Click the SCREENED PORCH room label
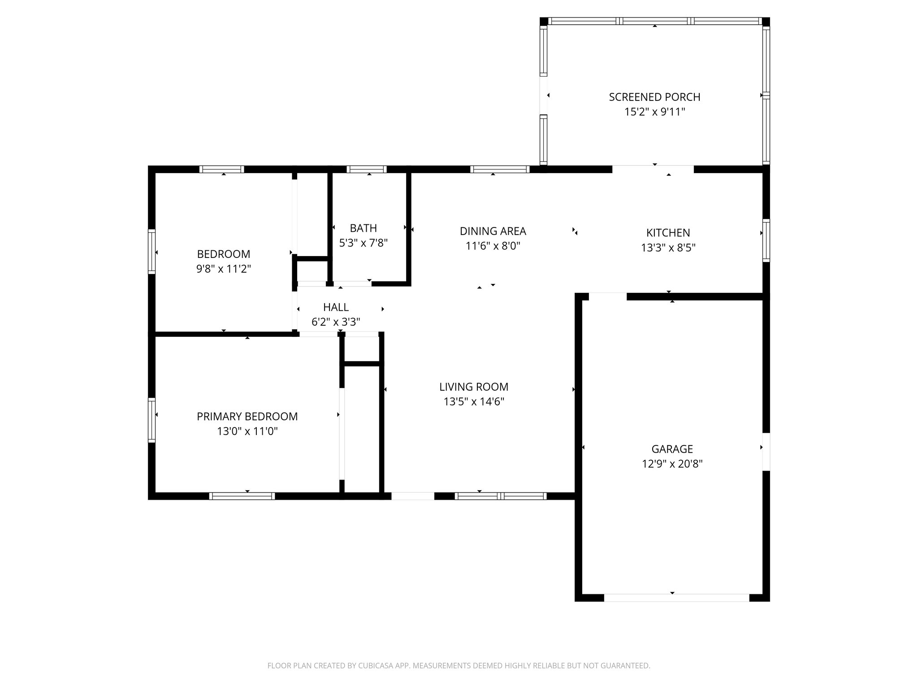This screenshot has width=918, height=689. click(654, 97)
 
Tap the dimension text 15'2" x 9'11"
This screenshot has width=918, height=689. click(655, 112)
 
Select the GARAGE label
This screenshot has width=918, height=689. click(672, 449)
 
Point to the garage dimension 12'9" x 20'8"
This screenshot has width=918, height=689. click(672, 464)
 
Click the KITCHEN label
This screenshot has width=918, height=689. click(668, 233)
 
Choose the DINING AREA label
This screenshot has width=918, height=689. click(493, 231)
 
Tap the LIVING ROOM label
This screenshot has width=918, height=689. click(474, 387)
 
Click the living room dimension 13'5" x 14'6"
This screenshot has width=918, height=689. click(474, 401)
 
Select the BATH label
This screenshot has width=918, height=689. click(363, 228)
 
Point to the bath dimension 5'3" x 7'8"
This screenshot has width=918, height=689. click(363, 243)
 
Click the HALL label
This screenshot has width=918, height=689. click(336, 307)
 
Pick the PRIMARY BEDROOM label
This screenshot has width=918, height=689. click(247, 417)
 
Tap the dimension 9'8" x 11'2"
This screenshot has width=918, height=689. click(223, 269)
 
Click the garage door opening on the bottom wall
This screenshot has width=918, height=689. click(676, 597)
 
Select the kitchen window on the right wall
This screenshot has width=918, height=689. click(766, 240)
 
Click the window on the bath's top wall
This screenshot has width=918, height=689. click(367, 169)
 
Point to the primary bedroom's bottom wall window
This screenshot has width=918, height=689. click(242, 496)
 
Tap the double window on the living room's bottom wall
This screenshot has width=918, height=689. click(501, 496)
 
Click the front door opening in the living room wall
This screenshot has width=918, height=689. click(413, 496)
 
